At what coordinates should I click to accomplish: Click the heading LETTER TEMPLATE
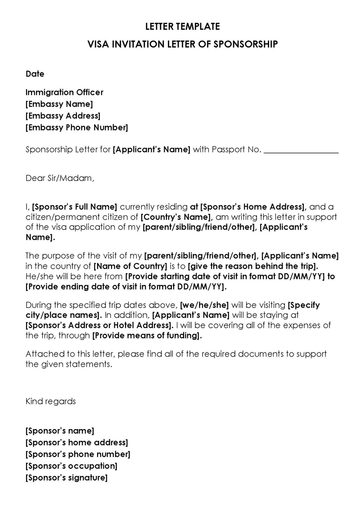(182, 27)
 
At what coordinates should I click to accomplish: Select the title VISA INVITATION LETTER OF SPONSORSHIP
(182, 44)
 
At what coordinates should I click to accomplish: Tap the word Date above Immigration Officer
(35, 74)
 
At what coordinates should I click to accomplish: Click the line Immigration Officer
(64, 92)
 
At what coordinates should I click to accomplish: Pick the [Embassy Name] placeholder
(59, 104)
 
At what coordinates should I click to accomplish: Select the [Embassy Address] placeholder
(63, 116)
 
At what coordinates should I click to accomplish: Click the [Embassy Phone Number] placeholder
(76, 127)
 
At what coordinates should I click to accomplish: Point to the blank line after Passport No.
(301, 150)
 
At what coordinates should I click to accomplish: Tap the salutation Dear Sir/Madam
(60, 178)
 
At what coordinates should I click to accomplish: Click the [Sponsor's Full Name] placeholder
(75, 207)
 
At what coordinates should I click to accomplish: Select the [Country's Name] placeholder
(173, 217)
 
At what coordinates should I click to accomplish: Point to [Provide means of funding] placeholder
(147, 335)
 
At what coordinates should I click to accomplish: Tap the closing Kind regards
(50, 401)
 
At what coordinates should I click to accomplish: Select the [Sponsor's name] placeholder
(60, 431)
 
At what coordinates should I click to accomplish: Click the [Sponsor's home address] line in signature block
(76, 443)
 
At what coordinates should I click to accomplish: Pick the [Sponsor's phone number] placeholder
(78, 454)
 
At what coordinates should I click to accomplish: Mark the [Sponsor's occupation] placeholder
(71, 466)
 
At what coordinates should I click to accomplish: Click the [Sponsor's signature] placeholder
(66, 478)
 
